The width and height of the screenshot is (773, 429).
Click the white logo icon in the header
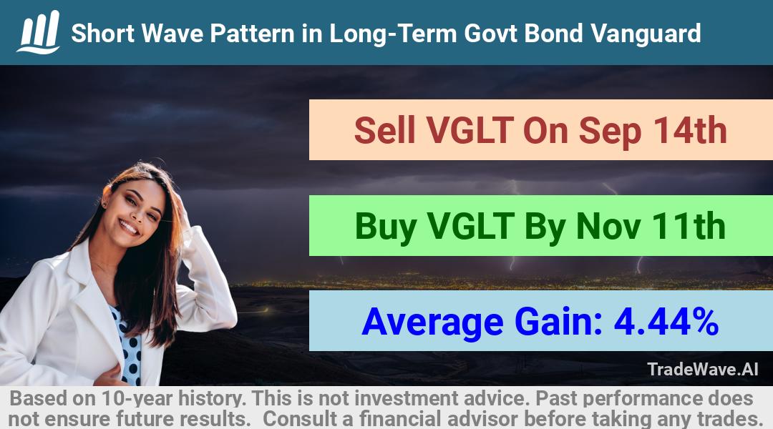39,32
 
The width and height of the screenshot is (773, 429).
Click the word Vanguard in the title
646,34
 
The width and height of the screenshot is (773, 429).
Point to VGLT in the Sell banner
470,131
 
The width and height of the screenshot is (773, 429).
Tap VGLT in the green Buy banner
471,226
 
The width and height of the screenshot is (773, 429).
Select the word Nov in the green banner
608,226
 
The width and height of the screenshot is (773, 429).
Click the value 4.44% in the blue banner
666,322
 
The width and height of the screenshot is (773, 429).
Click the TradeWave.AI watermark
703,369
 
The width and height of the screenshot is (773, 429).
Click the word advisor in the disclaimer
482,419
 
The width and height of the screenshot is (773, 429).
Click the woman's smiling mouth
129,227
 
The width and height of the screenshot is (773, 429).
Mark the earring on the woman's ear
104,203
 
